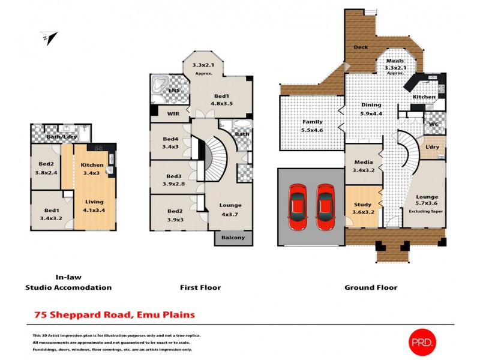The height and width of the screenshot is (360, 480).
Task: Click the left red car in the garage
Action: point(299,207)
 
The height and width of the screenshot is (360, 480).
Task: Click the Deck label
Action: point(361,47)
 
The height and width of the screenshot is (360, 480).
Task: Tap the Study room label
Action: point(362,204)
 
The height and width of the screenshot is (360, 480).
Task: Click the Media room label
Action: point(364,162)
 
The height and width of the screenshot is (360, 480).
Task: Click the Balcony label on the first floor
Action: point(233,238)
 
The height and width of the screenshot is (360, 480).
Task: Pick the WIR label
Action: point(172,112)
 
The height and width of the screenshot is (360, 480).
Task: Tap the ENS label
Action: point(174,91)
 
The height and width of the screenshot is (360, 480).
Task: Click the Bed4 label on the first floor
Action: point(170,139)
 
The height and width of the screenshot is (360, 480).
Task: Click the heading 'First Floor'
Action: point(200,287)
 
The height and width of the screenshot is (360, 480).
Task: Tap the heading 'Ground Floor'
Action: point(370,287)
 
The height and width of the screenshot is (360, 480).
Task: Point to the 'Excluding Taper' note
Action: point(424,212)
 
